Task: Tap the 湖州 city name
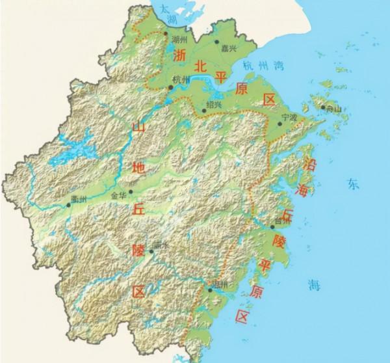[x=178, y=40]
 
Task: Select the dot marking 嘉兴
[x=217, y=41]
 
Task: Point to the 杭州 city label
[x=181, y=79]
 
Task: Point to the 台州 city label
[x=283, y=221]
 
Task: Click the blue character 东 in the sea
[x=352, y=185]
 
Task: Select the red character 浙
[x=180, y=57]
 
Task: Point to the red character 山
[x=138, y=129]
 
